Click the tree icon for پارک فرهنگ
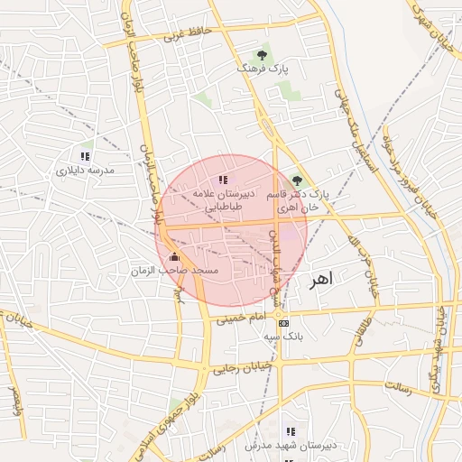point(262,54)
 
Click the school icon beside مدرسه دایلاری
point(85,156)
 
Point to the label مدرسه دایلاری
point(86,170)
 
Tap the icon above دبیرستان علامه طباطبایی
point(223,180)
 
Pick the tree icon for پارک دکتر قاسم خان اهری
point(298,180)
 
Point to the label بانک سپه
point(282,336)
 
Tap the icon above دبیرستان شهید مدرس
point(290,432)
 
